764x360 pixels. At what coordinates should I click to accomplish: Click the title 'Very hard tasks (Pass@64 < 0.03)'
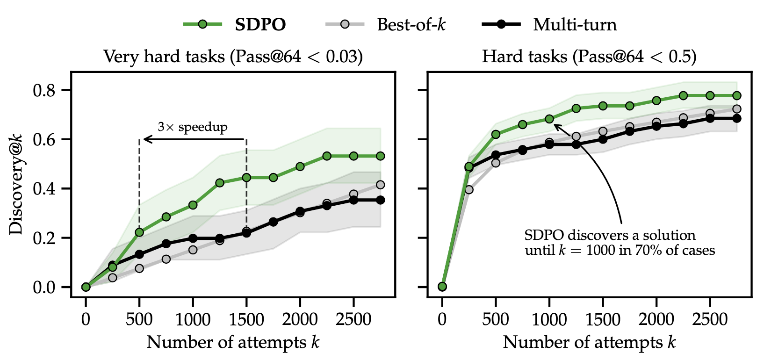pos(233,57)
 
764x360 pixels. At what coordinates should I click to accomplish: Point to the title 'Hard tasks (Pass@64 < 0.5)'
pos(589,57)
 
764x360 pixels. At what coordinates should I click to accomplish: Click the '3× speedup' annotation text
pos(193,127)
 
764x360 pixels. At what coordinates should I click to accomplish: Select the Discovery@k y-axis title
pos(16,184)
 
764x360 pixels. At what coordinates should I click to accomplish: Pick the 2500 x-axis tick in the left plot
pos(353,320)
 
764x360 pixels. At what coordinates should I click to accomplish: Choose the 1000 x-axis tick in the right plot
pos(549,320)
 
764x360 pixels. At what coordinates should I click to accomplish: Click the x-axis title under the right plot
pos(589,343)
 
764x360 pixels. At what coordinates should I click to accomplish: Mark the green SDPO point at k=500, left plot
pos(139,232)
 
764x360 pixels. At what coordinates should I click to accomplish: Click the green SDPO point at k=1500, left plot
pos(246,177)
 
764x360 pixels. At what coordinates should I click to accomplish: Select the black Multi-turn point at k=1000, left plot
pos(193,238)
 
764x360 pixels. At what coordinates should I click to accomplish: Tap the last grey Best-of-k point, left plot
pos(380,185)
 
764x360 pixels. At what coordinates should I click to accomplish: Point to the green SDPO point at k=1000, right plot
pos(549,119)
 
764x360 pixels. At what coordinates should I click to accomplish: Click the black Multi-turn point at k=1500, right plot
pos(603,139)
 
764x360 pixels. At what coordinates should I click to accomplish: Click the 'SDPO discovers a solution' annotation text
pos(610,235)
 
